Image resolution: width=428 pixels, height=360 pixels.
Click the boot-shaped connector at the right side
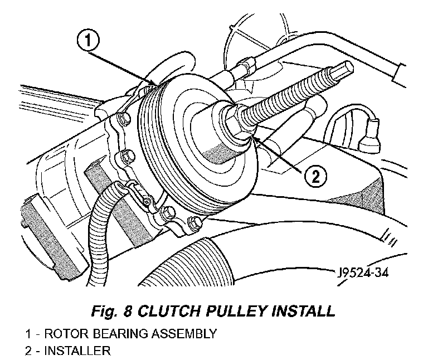click(x=369, y=136)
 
